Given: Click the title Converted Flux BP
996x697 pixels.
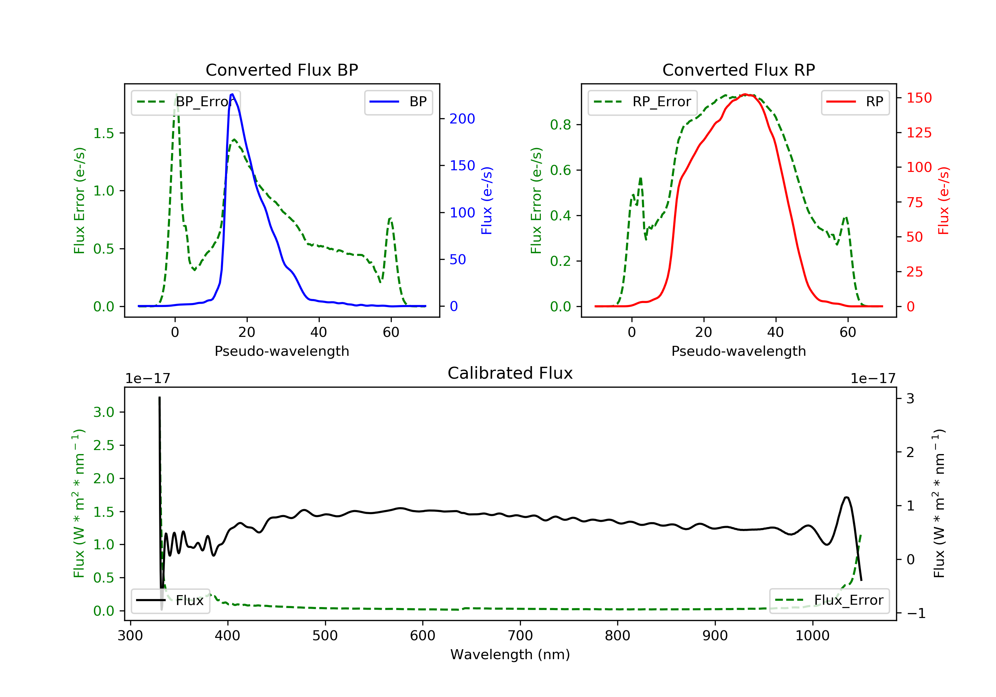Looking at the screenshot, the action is point(282,70).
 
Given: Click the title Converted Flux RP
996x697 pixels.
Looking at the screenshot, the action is point(738,70).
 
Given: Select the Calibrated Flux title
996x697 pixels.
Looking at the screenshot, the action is point(510,373).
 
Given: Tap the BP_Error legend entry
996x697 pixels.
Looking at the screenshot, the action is point(186,102).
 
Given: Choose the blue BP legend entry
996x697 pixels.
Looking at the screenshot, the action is point(398,102).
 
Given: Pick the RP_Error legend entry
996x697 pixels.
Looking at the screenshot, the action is point(642,102).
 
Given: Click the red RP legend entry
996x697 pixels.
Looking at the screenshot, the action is point(855,102).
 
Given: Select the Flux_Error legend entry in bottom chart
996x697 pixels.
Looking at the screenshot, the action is point(829,601).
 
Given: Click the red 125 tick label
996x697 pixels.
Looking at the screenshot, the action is point(919,133).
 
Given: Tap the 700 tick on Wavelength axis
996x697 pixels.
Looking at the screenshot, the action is point(520,636).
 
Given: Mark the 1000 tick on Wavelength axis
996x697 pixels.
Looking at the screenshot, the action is point(812,636).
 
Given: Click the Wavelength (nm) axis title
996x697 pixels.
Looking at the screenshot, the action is point(510,655).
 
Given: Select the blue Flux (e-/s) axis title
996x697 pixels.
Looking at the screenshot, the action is point(487,201).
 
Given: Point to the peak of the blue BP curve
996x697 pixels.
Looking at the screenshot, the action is point(232,94).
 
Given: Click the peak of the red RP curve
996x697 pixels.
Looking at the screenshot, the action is point(745,94).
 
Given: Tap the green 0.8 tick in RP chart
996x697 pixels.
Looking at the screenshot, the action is point(560,125).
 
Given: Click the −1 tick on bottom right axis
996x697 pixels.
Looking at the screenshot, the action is point(916,613).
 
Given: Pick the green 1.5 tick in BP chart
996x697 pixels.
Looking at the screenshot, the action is point(104,133).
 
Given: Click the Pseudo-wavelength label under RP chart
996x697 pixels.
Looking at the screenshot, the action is point(738,351).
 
